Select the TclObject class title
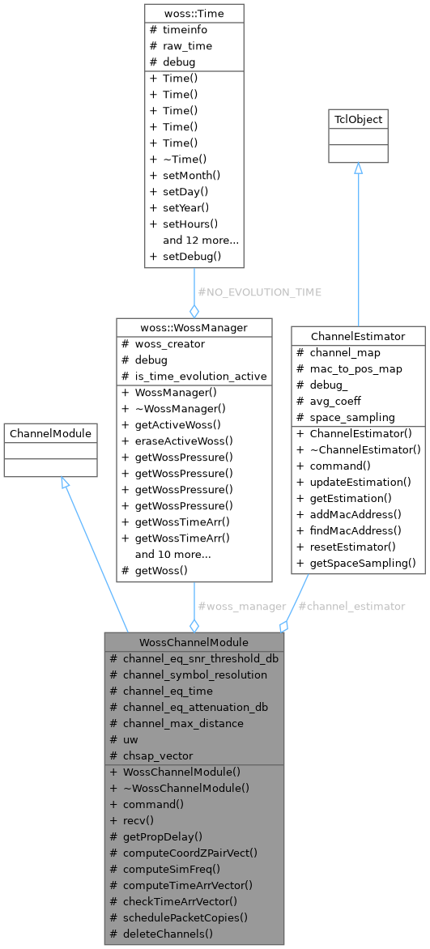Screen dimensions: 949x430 [358, 120]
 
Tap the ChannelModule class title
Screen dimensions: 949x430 [50, 434]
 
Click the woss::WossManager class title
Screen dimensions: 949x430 [194, 327]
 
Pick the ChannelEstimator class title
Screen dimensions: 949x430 [358, 335]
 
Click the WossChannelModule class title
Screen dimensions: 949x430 [194, 641]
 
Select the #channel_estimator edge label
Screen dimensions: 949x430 [352, 606]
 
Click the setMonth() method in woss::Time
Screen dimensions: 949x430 [185, 175]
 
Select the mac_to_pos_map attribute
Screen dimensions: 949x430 [355, 368]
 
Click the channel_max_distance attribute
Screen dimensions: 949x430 [183, 722]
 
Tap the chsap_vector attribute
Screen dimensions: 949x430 [158, 755]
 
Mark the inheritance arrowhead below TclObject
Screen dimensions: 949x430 [358, 168]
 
